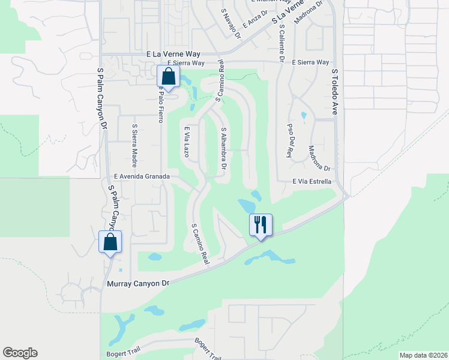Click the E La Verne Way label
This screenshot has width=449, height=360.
pyautogui.click(x=173, y=54)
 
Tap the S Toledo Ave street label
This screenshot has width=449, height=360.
pyautogui.click(x=335, y=92)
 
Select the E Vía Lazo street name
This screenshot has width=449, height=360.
pyautogui.click(x=187, y=142)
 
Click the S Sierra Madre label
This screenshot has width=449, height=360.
pyautogui.click(x=134, y=145)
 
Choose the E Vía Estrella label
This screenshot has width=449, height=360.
pyautogui.click(x=312, y=181)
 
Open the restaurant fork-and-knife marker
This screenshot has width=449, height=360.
pyautogui.click(x=261, y=225)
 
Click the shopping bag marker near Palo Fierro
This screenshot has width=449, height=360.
pyautogui.click(x=168, y=77)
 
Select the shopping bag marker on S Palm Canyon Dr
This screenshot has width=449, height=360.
pyautogui.click(x=110, y=242)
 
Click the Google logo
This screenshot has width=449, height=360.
pyautogui.click(x=20, y=353)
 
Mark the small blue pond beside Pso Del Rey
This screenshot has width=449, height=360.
pyautogui.click(x=304, y=115)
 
